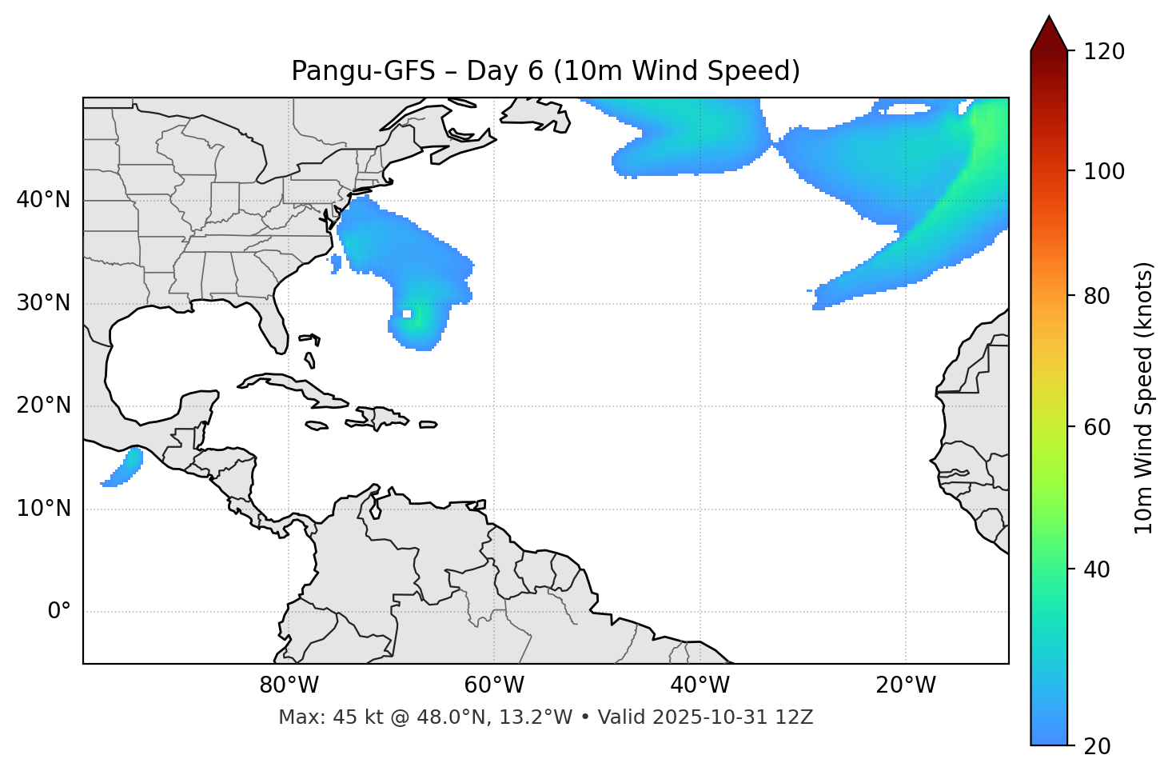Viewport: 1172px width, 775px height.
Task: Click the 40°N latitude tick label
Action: point(43,200)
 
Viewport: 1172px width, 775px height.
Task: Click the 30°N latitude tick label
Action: point(43,303)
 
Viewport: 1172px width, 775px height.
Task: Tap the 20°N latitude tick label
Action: point(43,405)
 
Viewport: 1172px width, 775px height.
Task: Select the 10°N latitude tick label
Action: point(43,509)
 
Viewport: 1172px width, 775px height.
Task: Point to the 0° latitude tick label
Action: point(59,612)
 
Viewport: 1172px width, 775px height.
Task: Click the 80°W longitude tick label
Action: point(289,685)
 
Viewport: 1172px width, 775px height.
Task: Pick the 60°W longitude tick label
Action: point(494,685)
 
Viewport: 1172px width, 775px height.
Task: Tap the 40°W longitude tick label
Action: point(700,685)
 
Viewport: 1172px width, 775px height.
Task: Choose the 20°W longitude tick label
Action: point(906,685)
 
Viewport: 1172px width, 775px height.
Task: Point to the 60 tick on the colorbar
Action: point(1098,427)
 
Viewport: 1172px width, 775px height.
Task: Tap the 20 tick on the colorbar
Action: point(1098,746)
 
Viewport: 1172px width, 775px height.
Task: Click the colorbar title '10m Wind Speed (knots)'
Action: point(1145,398)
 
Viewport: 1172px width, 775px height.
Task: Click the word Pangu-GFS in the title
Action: point(363,71)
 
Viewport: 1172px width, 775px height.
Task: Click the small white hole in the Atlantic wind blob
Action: point(407,314)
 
